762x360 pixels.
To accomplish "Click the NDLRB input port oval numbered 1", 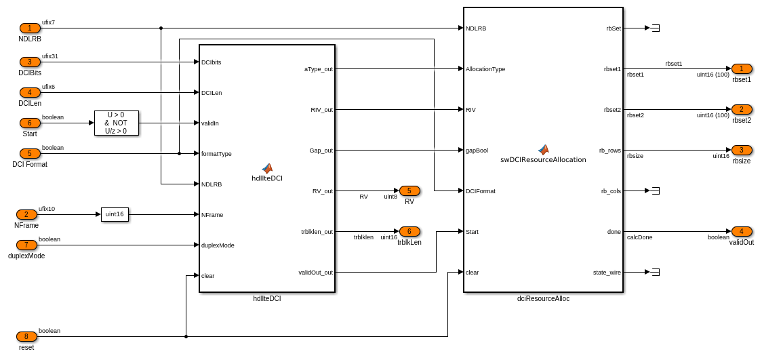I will [30, 28].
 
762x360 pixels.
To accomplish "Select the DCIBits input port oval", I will [30, 62].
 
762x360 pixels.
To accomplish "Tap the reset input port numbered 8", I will [26, 337].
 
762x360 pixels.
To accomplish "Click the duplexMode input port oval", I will [26, 245].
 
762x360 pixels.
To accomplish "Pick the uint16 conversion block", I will [115, 214].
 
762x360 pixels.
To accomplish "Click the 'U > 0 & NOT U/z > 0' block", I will [116, 123].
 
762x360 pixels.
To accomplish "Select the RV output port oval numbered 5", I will [409, 191].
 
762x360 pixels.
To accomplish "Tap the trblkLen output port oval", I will [409, 232].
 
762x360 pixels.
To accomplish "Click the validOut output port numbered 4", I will [742, 232].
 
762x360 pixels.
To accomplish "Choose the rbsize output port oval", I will [742, 151].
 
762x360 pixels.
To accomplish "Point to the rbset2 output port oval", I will [742, 110].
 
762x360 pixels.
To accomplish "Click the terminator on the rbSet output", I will [655, 28].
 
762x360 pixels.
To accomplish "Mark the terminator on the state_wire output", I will [655, 273].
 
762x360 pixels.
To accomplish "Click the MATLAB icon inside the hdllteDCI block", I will [267, 168].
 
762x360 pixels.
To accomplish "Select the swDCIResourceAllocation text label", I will [543, 160].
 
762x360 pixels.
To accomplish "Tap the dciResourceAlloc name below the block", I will [543, 298].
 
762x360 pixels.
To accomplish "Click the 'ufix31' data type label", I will [50, 56].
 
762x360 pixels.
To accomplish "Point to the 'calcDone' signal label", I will [639, 237].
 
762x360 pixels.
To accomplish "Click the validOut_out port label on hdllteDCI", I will [315, 273].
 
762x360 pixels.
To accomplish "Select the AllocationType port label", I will [485, 69].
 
